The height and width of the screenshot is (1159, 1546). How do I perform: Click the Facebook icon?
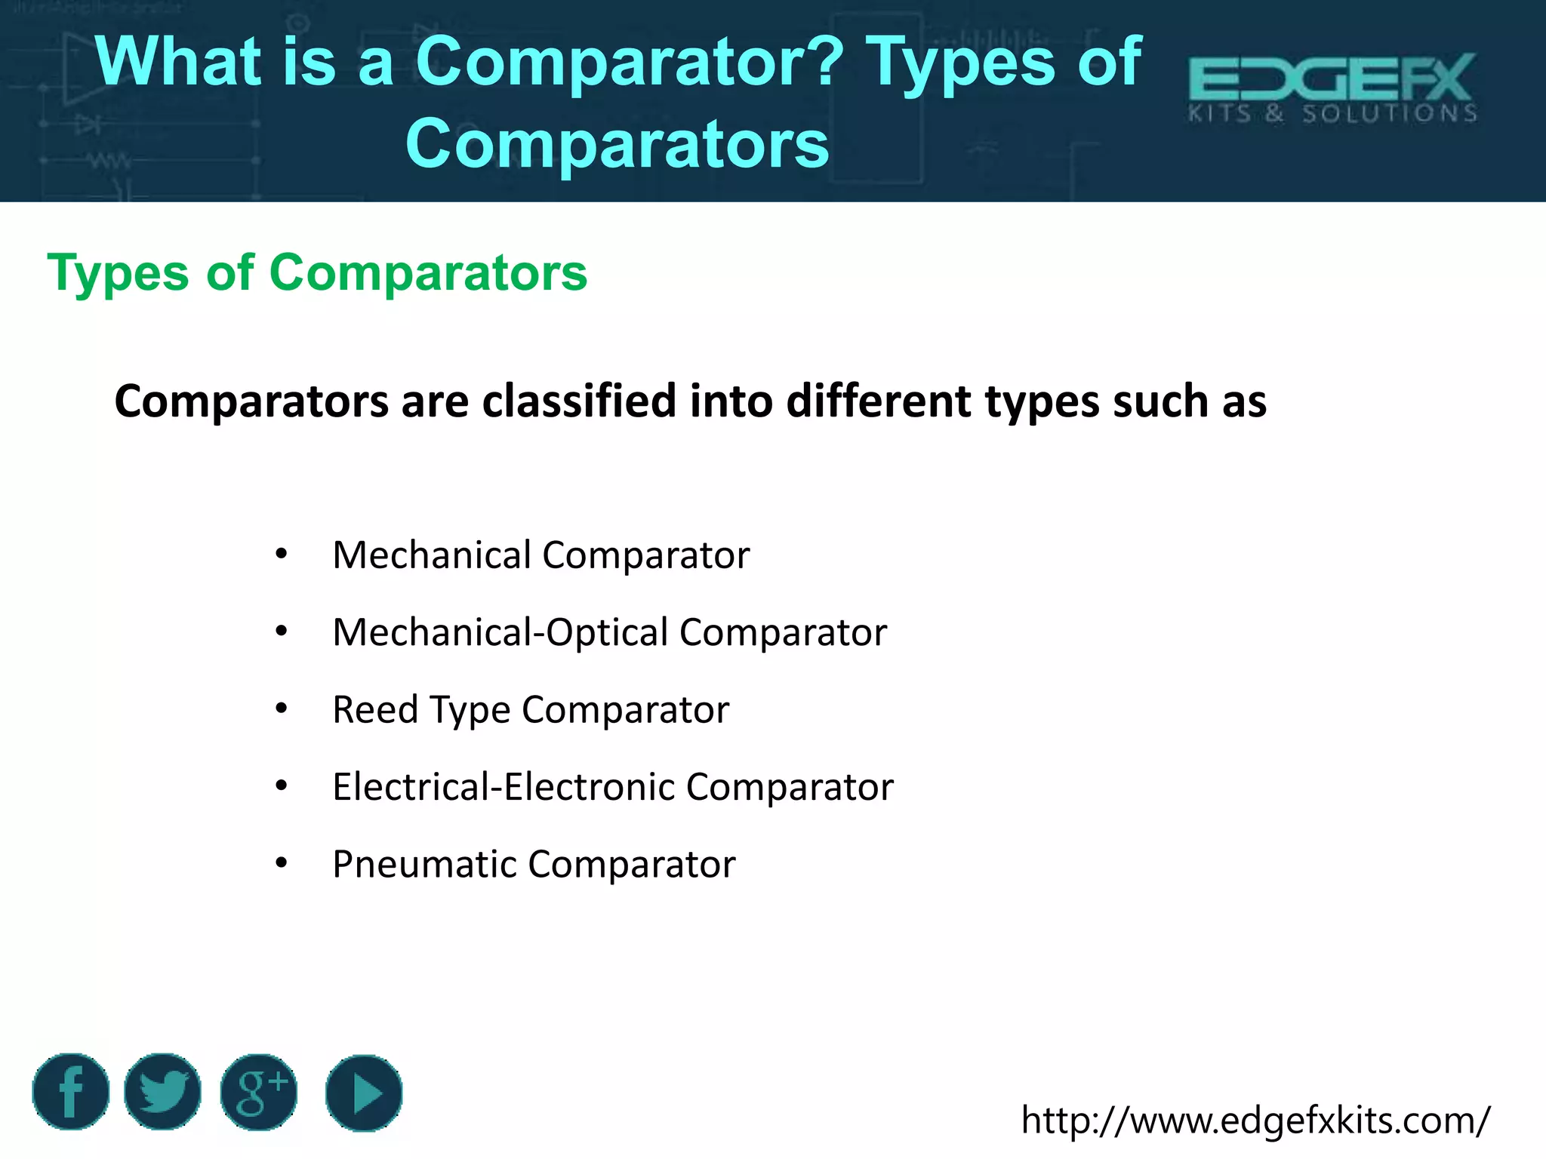[x=71, y=1092]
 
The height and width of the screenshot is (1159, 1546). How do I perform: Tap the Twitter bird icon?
[x=163, y=1092]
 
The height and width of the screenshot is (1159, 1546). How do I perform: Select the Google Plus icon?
[x=259, y=1092]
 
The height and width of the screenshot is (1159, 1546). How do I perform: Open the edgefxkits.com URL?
[x=1255, y=1120]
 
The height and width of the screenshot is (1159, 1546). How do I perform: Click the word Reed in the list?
[x=375, y=710]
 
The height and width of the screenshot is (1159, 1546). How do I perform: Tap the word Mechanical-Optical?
[x=500, y=632]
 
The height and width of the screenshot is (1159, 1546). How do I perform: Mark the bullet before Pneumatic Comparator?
[x=282, y=863]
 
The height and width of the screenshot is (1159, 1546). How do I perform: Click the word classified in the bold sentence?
[x=579, y=401]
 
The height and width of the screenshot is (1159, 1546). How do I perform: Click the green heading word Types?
[x=118, y=273]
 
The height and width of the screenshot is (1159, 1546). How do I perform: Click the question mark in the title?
[x=829, y=62]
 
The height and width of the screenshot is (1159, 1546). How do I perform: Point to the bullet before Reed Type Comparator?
[x=282, y=709]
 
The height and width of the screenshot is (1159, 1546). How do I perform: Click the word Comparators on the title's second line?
[x=617, y=144]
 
